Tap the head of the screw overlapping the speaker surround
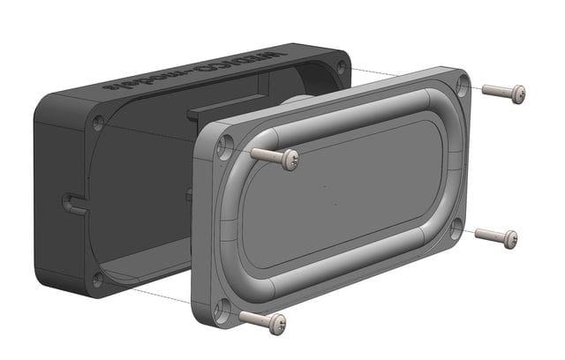[289, 160]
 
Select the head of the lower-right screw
[509, 238]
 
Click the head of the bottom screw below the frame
[276, 323]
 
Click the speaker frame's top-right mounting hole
[463, 85]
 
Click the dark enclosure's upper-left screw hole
[98, 123]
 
